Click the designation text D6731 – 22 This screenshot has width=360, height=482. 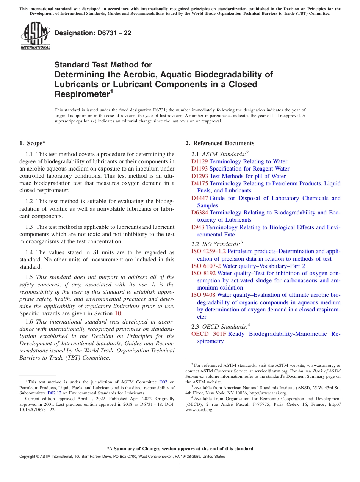click(x=93, y=33)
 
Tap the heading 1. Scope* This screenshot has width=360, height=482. click(x=32, y=143)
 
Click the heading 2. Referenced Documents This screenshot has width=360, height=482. click(x=219, y=143)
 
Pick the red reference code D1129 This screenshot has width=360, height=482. click(x=200, y=161)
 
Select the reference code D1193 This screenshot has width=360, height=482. click(x=200, y=169)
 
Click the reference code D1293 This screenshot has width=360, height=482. click(x=200, y=176)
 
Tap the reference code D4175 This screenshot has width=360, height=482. click(x=200, y=183)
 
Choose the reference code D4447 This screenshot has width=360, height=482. click(x=200, y=198)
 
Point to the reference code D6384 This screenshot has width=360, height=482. click(x=200, y=213)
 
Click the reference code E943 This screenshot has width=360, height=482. click(x=198, y=227)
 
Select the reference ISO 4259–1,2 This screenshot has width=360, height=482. click(x=208, y=251)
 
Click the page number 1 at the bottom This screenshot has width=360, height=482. click(x=180, y=465)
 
